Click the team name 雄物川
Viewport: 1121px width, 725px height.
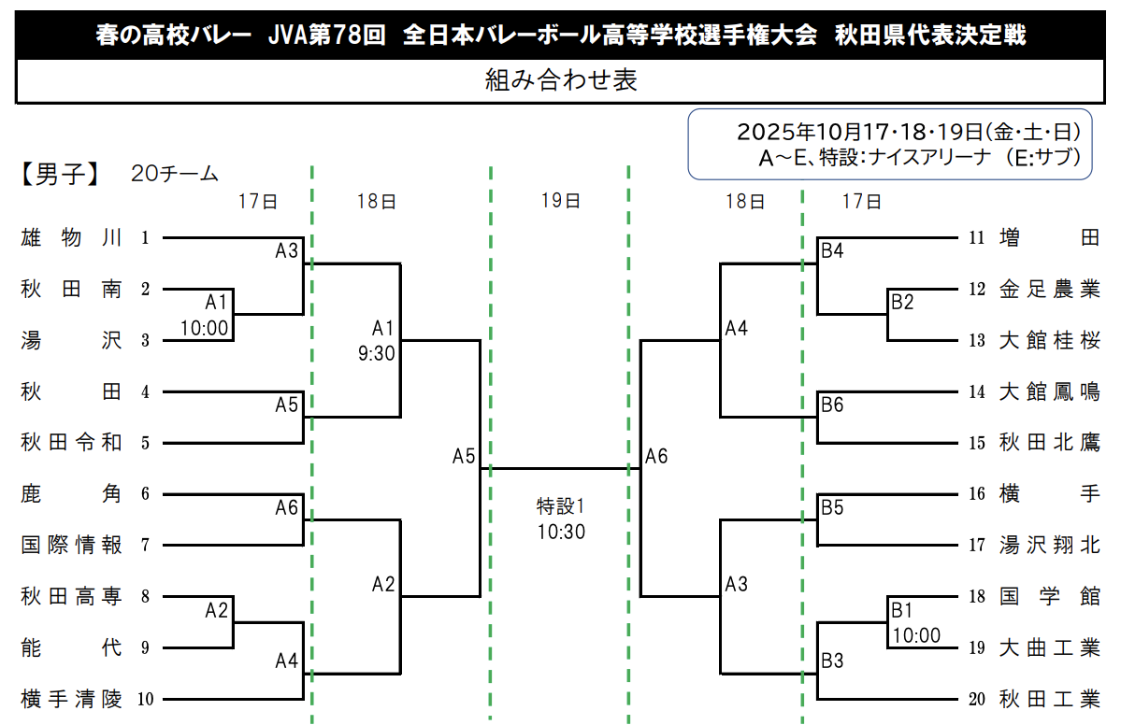(x=72, y=237)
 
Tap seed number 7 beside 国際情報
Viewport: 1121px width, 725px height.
(x=145, y=546)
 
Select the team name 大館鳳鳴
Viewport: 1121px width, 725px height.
(x=1049, y=391)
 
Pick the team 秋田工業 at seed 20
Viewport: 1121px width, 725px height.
(x=1049, y=699)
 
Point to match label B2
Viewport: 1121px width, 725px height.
(x=902, y=302)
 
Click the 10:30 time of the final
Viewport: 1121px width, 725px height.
(x=560, y=532)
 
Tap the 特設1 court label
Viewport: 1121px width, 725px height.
(x=560, y=507)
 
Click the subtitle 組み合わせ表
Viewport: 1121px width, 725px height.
(x=561, y=80)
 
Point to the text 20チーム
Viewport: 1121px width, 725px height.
(x=175, y=174)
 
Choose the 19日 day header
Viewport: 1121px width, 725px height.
(x=560, y=201)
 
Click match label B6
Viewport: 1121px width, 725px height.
(x=832, y=405)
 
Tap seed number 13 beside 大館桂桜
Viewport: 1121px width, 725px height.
(x=977, y=341)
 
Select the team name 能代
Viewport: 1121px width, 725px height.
(x=72, y=647)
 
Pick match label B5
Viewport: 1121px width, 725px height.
(x=832, y=507)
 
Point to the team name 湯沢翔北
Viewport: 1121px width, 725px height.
(x=1049, y=545)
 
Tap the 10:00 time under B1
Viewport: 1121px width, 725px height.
(x=916, y=635)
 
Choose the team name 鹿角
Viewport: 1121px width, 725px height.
(x=72, y=494)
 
